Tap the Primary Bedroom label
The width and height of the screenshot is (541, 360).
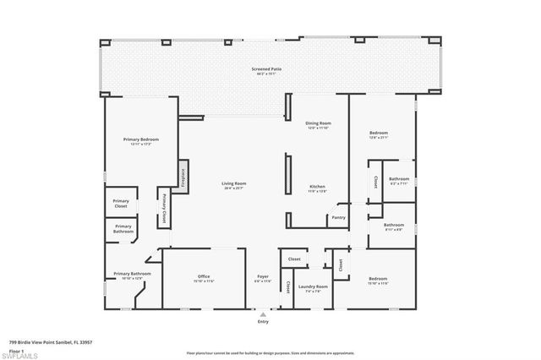[x=140, y=139]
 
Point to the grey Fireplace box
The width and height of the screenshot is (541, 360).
[x=182, y=177]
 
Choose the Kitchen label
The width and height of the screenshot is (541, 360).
[x=317, y=187]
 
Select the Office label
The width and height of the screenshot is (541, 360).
[x=204, y=276]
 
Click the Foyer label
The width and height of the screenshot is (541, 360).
[x=263, y=276]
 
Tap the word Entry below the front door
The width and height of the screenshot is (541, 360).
[x=263, y=322]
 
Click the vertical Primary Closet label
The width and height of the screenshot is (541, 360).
[x=162, y=207]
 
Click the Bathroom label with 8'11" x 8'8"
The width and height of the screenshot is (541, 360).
[x=394, y=225]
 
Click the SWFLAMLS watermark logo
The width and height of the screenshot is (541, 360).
[x=19, y=356]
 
